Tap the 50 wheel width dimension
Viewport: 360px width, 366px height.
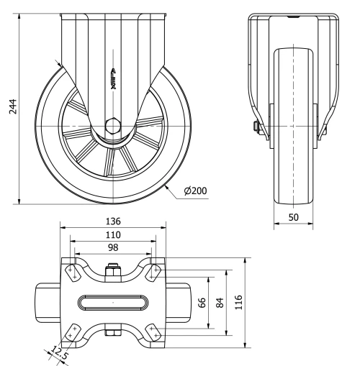tap(294, 216)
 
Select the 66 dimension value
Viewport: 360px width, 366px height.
tap(203, 301)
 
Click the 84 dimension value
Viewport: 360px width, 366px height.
tap(220, 301)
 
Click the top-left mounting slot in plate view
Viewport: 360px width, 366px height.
tap(73, 272)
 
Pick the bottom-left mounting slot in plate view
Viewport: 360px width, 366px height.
tap(73, 331)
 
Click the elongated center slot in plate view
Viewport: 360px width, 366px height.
tap(112, 302)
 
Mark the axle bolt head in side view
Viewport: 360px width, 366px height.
tap(256, 128)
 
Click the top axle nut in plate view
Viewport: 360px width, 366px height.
tap(112, 271)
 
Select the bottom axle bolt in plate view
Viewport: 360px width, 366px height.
tap(112, 331)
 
